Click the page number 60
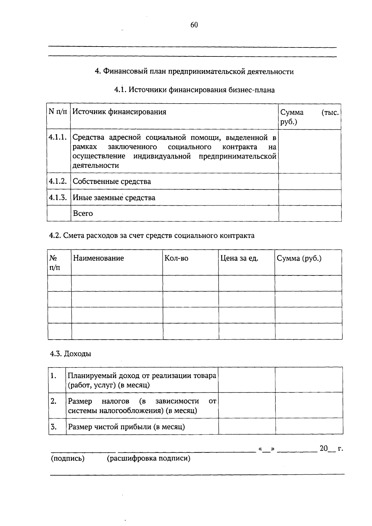point(194,25)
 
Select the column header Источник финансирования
point(119,112)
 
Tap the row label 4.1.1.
point(58,137)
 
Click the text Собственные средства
point(112,181)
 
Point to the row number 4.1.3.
point(58,198)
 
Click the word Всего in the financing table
point(83,213)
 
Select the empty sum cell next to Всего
point(310,213)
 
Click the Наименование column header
point(98,258)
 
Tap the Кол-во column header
point(176,258)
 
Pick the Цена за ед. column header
point(239,258)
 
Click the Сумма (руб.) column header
point(299,258)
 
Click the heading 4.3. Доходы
point(70,354)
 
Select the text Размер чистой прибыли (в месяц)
point(126,427)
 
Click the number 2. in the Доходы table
point(54,401)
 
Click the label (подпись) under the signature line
point(68,458)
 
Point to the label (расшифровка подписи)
point(148,458)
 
